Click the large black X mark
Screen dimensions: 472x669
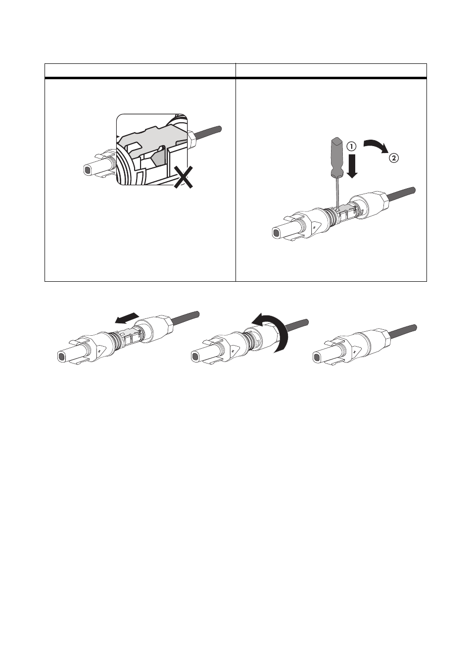click(x=184, y=177)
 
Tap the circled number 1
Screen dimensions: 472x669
click(x=351, y=147)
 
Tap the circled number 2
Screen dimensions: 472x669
click(x=393, y=158)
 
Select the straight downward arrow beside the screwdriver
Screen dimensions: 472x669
click(x=352, y=166)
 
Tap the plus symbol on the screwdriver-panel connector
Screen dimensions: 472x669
click(x=314, y=228)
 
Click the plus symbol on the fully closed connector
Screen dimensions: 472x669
click(x=354, y=353)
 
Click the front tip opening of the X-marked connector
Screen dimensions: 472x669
click(x=87, y=170)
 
